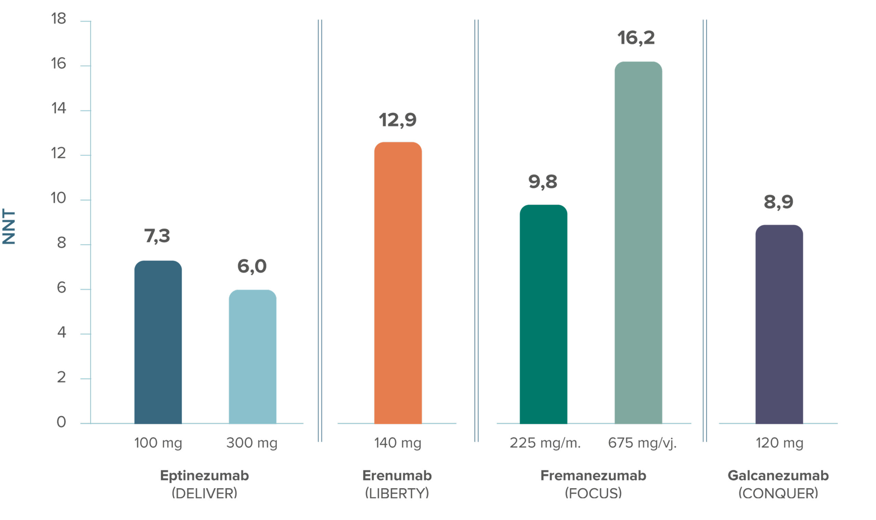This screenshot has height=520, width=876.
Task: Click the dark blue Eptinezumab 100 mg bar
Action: point(158,342)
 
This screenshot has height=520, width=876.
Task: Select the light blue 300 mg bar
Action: point(253,357)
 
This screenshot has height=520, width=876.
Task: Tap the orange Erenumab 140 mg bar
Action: point(398,283)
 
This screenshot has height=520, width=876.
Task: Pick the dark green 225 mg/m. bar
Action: point(543,314)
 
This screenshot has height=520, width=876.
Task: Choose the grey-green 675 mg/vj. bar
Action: point(639,243)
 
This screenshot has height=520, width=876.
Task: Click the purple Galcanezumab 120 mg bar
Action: point(779,324)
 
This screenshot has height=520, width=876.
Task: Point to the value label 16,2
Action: point(636,38)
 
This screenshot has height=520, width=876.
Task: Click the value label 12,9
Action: point(398,120)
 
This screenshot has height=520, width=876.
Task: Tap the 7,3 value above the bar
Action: point(157,236)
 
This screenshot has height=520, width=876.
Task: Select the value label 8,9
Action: point(778,202)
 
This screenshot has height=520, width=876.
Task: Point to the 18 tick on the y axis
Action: point(59,18)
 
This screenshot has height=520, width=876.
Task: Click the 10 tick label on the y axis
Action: point(59,198)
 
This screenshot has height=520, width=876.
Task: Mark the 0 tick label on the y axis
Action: point(61,422)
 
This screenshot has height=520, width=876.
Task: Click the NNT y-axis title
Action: point(9,227)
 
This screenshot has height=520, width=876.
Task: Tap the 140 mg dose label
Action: point(398,443)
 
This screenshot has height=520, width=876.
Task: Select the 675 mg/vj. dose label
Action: point(642,443)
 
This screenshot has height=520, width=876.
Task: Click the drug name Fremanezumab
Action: point(593,476)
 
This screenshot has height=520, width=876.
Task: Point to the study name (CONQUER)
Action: point(778,494)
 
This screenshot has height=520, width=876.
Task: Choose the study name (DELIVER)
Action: point(204,494)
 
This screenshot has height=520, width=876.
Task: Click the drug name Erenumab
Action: point(397,476)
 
